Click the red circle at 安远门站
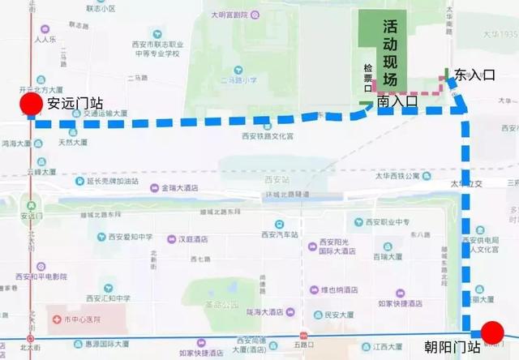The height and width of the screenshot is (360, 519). pyautogui.click(x=31, y=105)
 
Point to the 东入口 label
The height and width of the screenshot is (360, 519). pyautogui.click(x=474, y=75)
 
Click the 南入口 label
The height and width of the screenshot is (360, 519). pyautogui.click(x=397, y=102)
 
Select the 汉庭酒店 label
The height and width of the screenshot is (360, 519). pyautogui.click(x=187, y=239)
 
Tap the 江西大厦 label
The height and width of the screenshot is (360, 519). pyautogui.click(x=388, y=347)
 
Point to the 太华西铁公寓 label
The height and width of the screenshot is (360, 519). pyautogui.click(x=397, y=176)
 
